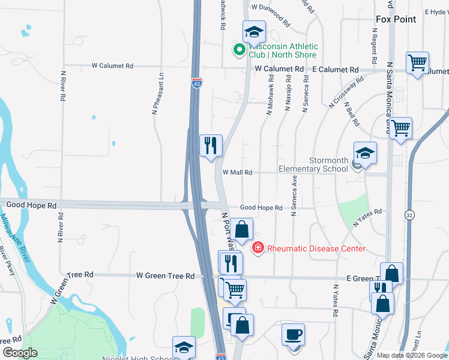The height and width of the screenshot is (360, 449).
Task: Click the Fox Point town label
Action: (x=396, y=19)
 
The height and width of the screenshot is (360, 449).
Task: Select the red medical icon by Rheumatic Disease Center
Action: (x=258, y=247)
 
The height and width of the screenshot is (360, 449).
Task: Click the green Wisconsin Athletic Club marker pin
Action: (x=239, y=50)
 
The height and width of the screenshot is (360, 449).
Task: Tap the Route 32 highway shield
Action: (x=409, y=215)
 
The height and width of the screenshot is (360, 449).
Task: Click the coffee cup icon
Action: (x=293, y=335)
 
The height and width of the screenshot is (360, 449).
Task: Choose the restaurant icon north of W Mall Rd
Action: (x=211, y=145)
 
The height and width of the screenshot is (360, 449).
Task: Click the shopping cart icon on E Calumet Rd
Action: (x=417, y=62)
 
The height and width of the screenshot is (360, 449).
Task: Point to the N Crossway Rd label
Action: (x=346, y=92)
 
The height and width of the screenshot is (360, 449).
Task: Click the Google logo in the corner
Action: (x=20, y=353)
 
